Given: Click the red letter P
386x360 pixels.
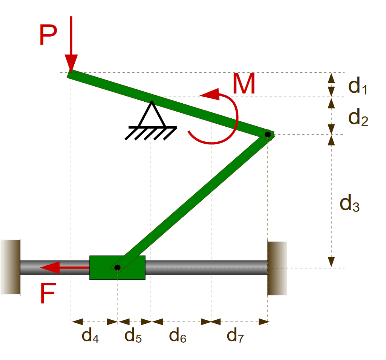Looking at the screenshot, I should pyautogui.click(x=48, y=36).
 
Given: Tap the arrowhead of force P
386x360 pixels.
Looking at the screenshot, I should pyautogui.click(x=71, y=62).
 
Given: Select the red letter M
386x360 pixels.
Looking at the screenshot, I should pyautogui.click(x=244, y=84).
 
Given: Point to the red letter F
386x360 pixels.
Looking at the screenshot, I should pyautogui.click(x=48, y=294).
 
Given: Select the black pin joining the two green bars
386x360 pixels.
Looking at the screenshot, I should pyautogui.click(x=268, y=134).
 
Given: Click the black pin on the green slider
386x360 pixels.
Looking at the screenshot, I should pyautogui.click(x=117, y=268).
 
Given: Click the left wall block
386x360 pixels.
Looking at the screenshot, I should pyautogui.click(x=11, y=267).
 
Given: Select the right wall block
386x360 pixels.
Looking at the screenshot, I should pyautogui.click(x=277, y=268).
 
